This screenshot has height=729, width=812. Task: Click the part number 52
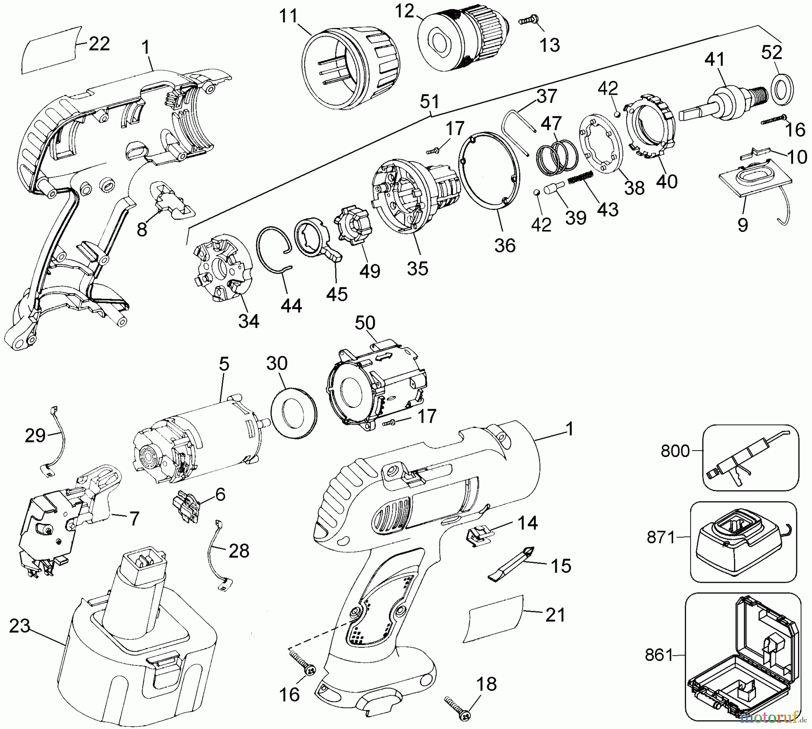[771, 52]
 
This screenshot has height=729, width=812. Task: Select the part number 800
[675, 451]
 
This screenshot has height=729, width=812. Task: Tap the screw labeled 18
[457, 704]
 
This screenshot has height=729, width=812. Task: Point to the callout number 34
[249, 321]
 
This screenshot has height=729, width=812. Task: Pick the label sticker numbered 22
[51, 50]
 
